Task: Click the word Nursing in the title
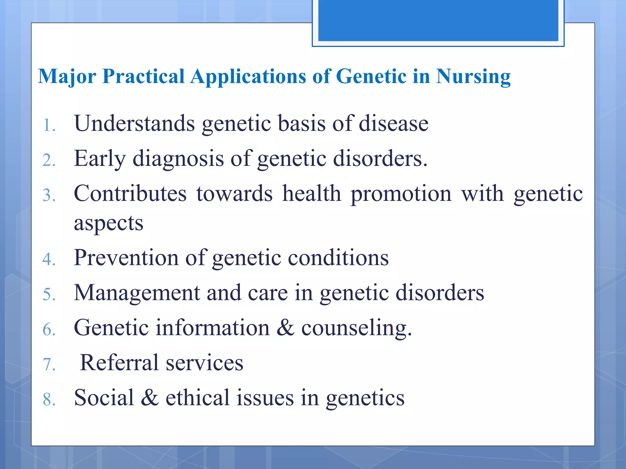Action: (473, 76)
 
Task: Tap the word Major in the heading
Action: (67, 76)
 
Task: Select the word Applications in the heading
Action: (248, 76)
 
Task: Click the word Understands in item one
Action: (134, 123)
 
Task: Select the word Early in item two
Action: (100, 158)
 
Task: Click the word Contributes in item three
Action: (130, 194)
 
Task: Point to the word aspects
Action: (109, 223)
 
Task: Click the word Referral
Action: (119, 363)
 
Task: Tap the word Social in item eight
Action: (104, 398)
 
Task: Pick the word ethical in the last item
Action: (197, 398)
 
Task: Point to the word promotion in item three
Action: (401, 194)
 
